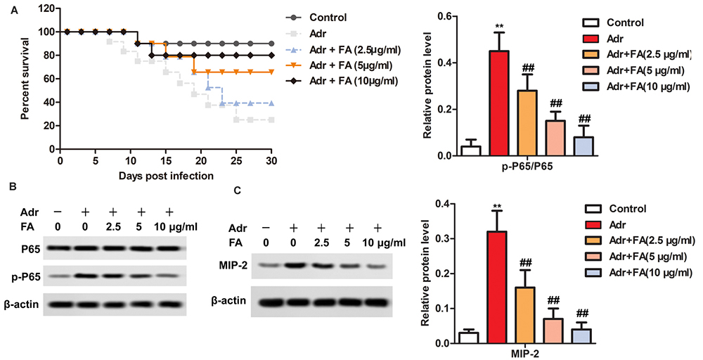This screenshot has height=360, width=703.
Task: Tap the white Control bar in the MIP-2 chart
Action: pyautogui.click(x=467, y=337)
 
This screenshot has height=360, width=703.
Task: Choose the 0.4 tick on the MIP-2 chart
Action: pyautogui.click(x=443, y=205)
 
